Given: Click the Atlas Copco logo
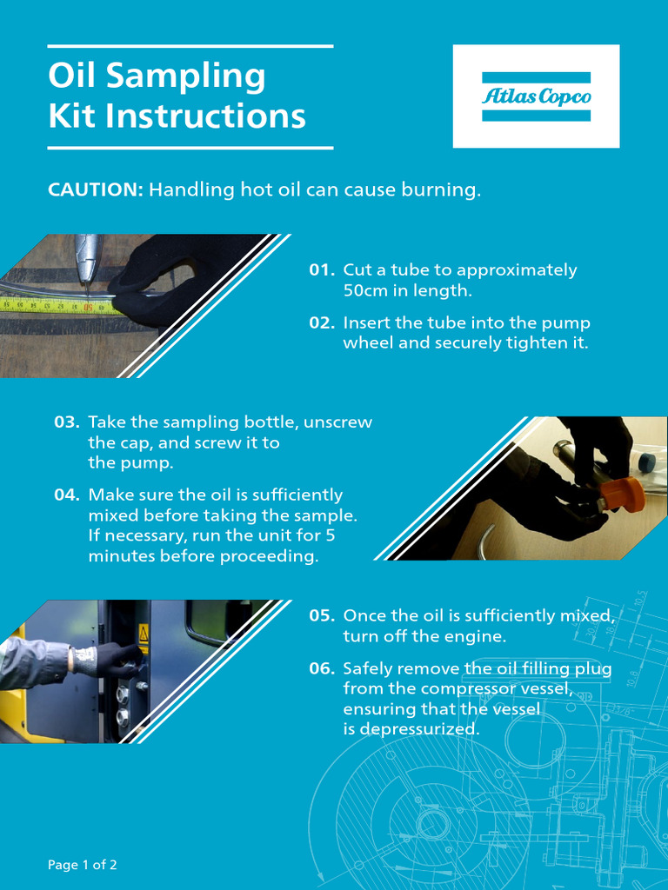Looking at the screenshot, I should pyautogui.click(x=536, y=96).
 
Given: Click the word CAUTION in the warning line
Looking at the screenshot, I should pyautogui.click(x=95, y=189).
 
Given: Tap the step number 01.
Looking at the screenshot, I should pyautogui.click(x=321, y=270).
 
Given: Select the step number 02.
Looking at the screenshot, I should pyautogui.click(x=321, y=323).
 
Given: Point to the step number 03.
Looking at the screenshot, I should pyautogui.click(x=66, y=422).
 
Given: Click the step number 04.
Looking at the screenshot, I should pyautogui.click(x=66, y=495).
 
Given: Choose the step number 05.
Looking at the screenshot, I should pyautogui.click(x=321, y=616).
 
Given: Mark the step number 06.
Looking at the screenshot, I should pyautogui.click(x=321, y=669).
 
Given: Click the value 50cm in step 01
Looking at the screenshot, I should pyautogui.click(x=367, y=291).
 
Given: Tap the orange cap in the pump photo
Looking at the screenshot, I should pyautogui.click(x=623, y=494).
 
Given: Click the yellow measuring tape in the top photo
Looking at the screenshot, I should pyautogui.click(x=52, y=305).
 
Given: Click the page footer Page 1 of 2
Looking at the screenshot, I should pyautogui.click(x=83, y=865).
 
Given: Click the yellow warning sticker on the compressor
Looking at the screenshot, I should pyautogui.click(x=144, y=644).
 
